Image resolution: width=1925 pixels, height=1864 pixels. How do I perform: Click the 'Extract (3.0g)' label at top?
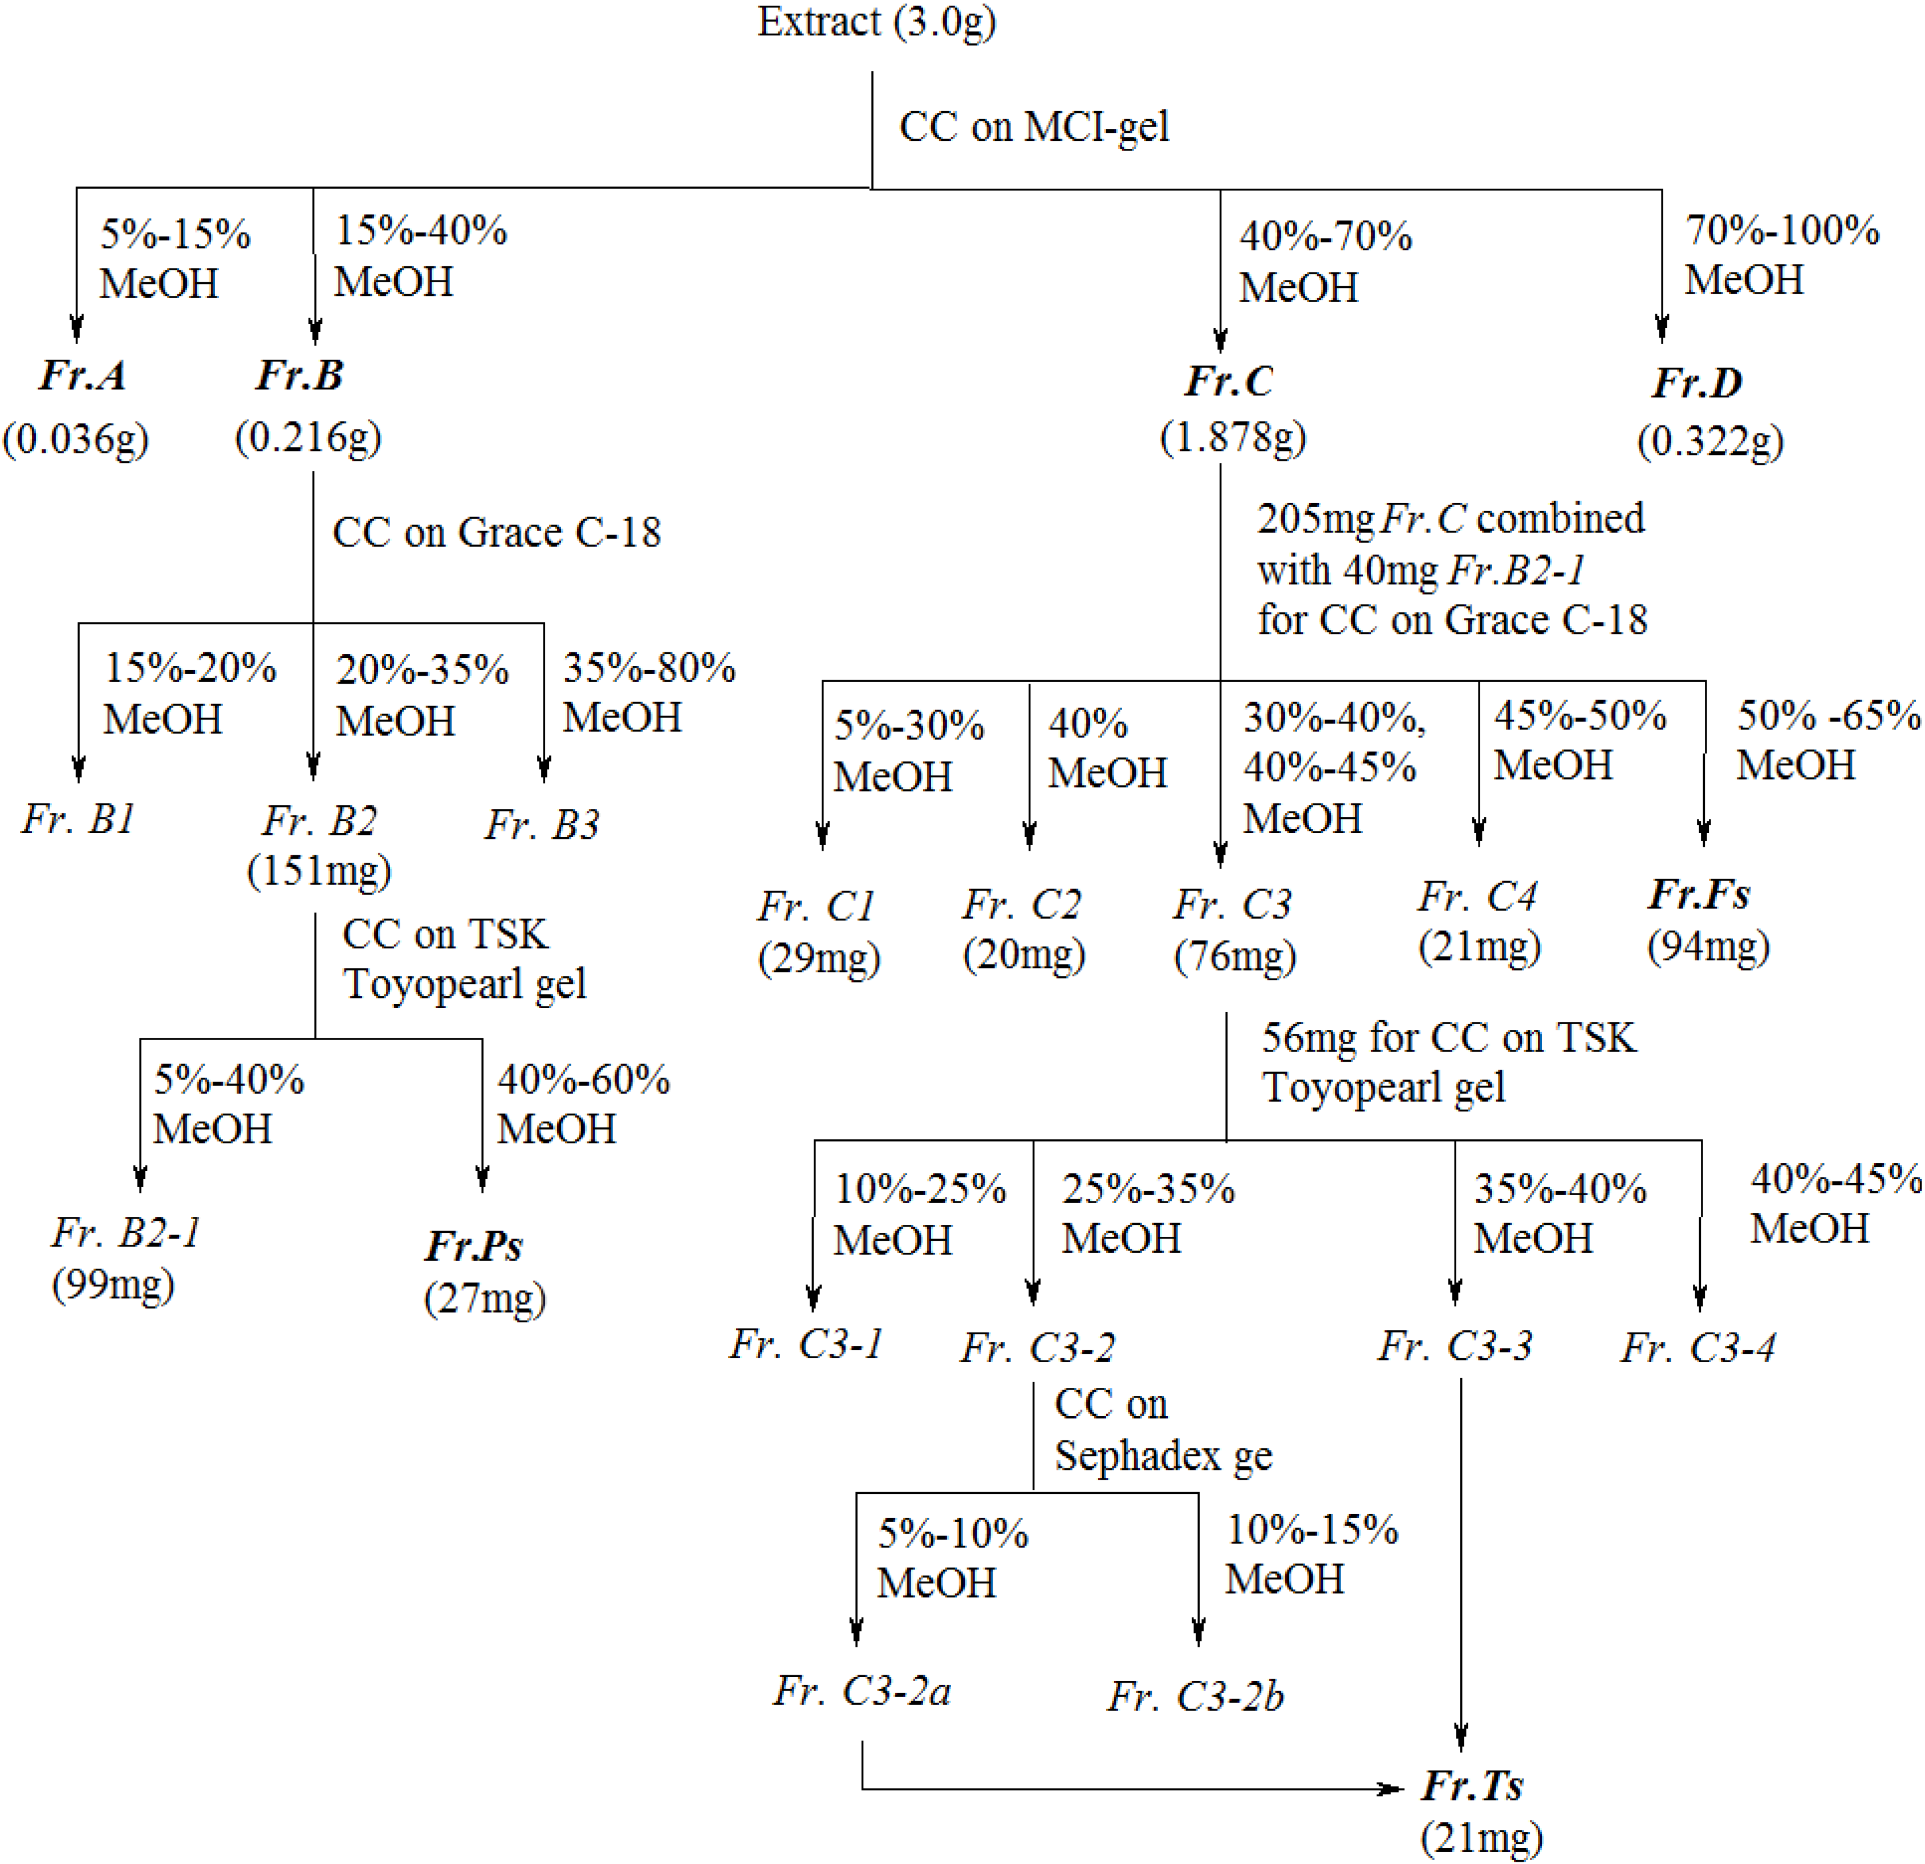click(x=876, y=22)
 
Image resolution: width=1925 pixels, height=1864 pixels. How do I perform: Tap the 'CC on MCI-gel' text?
click(x=1034, y=127)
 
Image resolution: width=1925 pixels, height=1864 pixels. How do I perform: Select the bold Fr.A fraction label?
click(x=83, y=375)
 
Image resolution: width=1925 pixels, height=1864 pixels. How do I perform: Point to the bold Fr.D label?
click(x=1696, y=382)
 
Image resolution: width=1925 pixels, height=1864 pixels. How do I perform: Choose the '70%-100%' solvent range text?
click(x=1782, y=230)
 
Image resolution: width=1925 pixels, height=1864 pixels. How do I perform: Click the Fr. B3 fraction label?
click(x=541, y=824)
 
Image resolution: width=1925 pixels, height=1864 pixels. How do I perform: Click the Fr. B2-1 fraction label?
click(x=125, y=1233)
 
